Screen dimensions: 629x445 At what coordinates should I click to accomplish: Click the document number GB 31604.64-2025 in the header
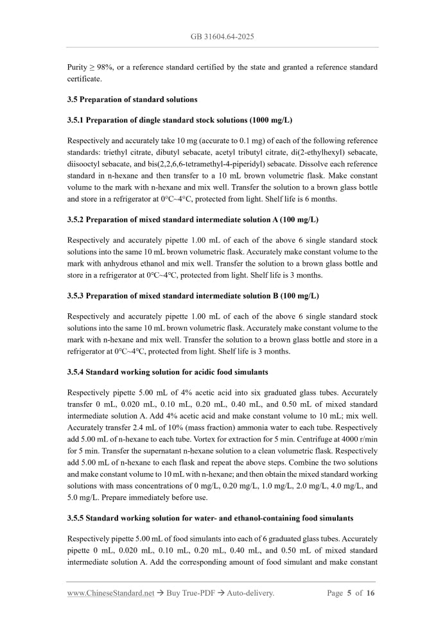[x=222, y=37]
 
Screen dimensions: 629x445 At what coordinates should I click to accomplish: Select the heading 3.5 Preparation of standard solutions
[x=132, y=99]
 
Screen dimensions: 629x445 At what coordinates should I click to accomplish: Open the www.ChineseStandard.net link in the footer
[x=110, y=593]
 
